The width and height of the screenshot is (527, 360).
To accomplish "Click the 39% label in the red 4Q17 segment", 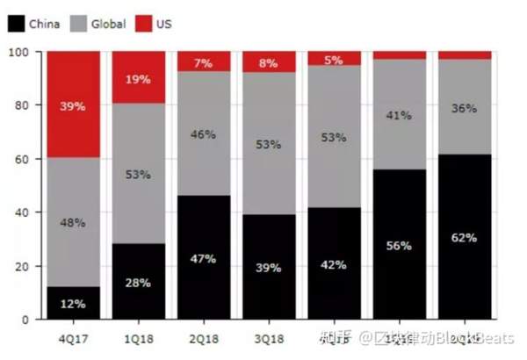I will pyautogui.click(x=74, y=106).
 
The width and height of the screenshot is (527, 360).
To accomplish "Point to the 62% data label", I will pyautogui.click(x=464, y=237).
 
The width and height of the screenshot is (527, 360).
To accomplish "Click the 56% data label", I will pyautogui.click(x=399, y=246).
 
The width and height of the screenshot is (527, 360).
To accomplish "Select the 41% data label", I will pyautogui.click(x=399, y=115).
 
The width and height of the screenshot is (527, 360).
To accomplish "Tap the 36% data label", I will pyautogui.click(x=464, y=109).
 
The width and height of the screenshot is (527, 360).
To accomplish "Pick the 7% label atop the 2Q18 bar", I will pyautogui.click(x=204, y=63).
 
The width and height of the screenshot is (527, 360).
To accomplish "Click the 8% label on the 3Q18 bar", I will pyautogui.click(x=269, y=63).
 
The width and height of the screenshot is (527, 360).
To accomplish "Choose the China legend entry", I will pyautogui.click(x=34, y=24).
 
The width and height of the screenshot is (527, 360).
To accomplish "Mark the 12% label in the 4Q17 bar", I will pyautogui.click(x=74, y=304).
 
